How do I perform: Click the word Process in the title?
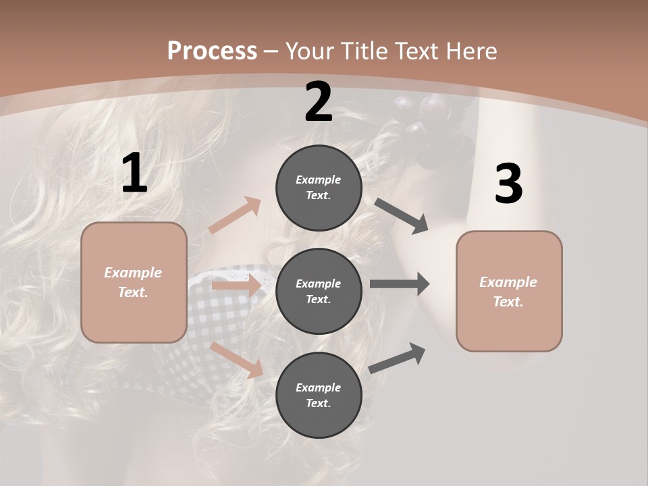[212, 51]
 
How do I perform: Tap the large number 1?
[134, 174]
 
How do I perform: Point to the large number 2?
[319, 102]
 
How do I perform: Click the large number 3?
[508, 184]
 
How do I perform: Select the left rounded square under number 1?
[134, 282]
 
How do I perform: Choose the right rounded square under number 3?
[509, 291]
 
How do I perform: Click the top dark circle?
[319, 188]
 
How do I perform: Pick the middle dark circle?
[319, 291]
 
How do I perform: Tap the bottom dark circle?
[319, 395]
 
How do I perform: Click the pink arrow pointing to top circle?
[235, 215]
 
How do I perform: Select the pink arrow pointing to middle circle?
[236, 286]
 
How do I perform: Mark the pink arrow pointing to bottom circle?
[237, 360]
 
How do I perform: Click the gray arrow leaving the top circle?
[401, 215]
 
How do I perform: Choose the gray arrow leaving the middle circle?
[400, 284]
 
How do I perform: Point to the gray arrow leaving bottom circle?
[397, 358]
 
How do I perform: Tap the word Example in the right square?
[508, 282]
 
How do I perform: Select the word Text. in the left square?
[133, 292]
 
